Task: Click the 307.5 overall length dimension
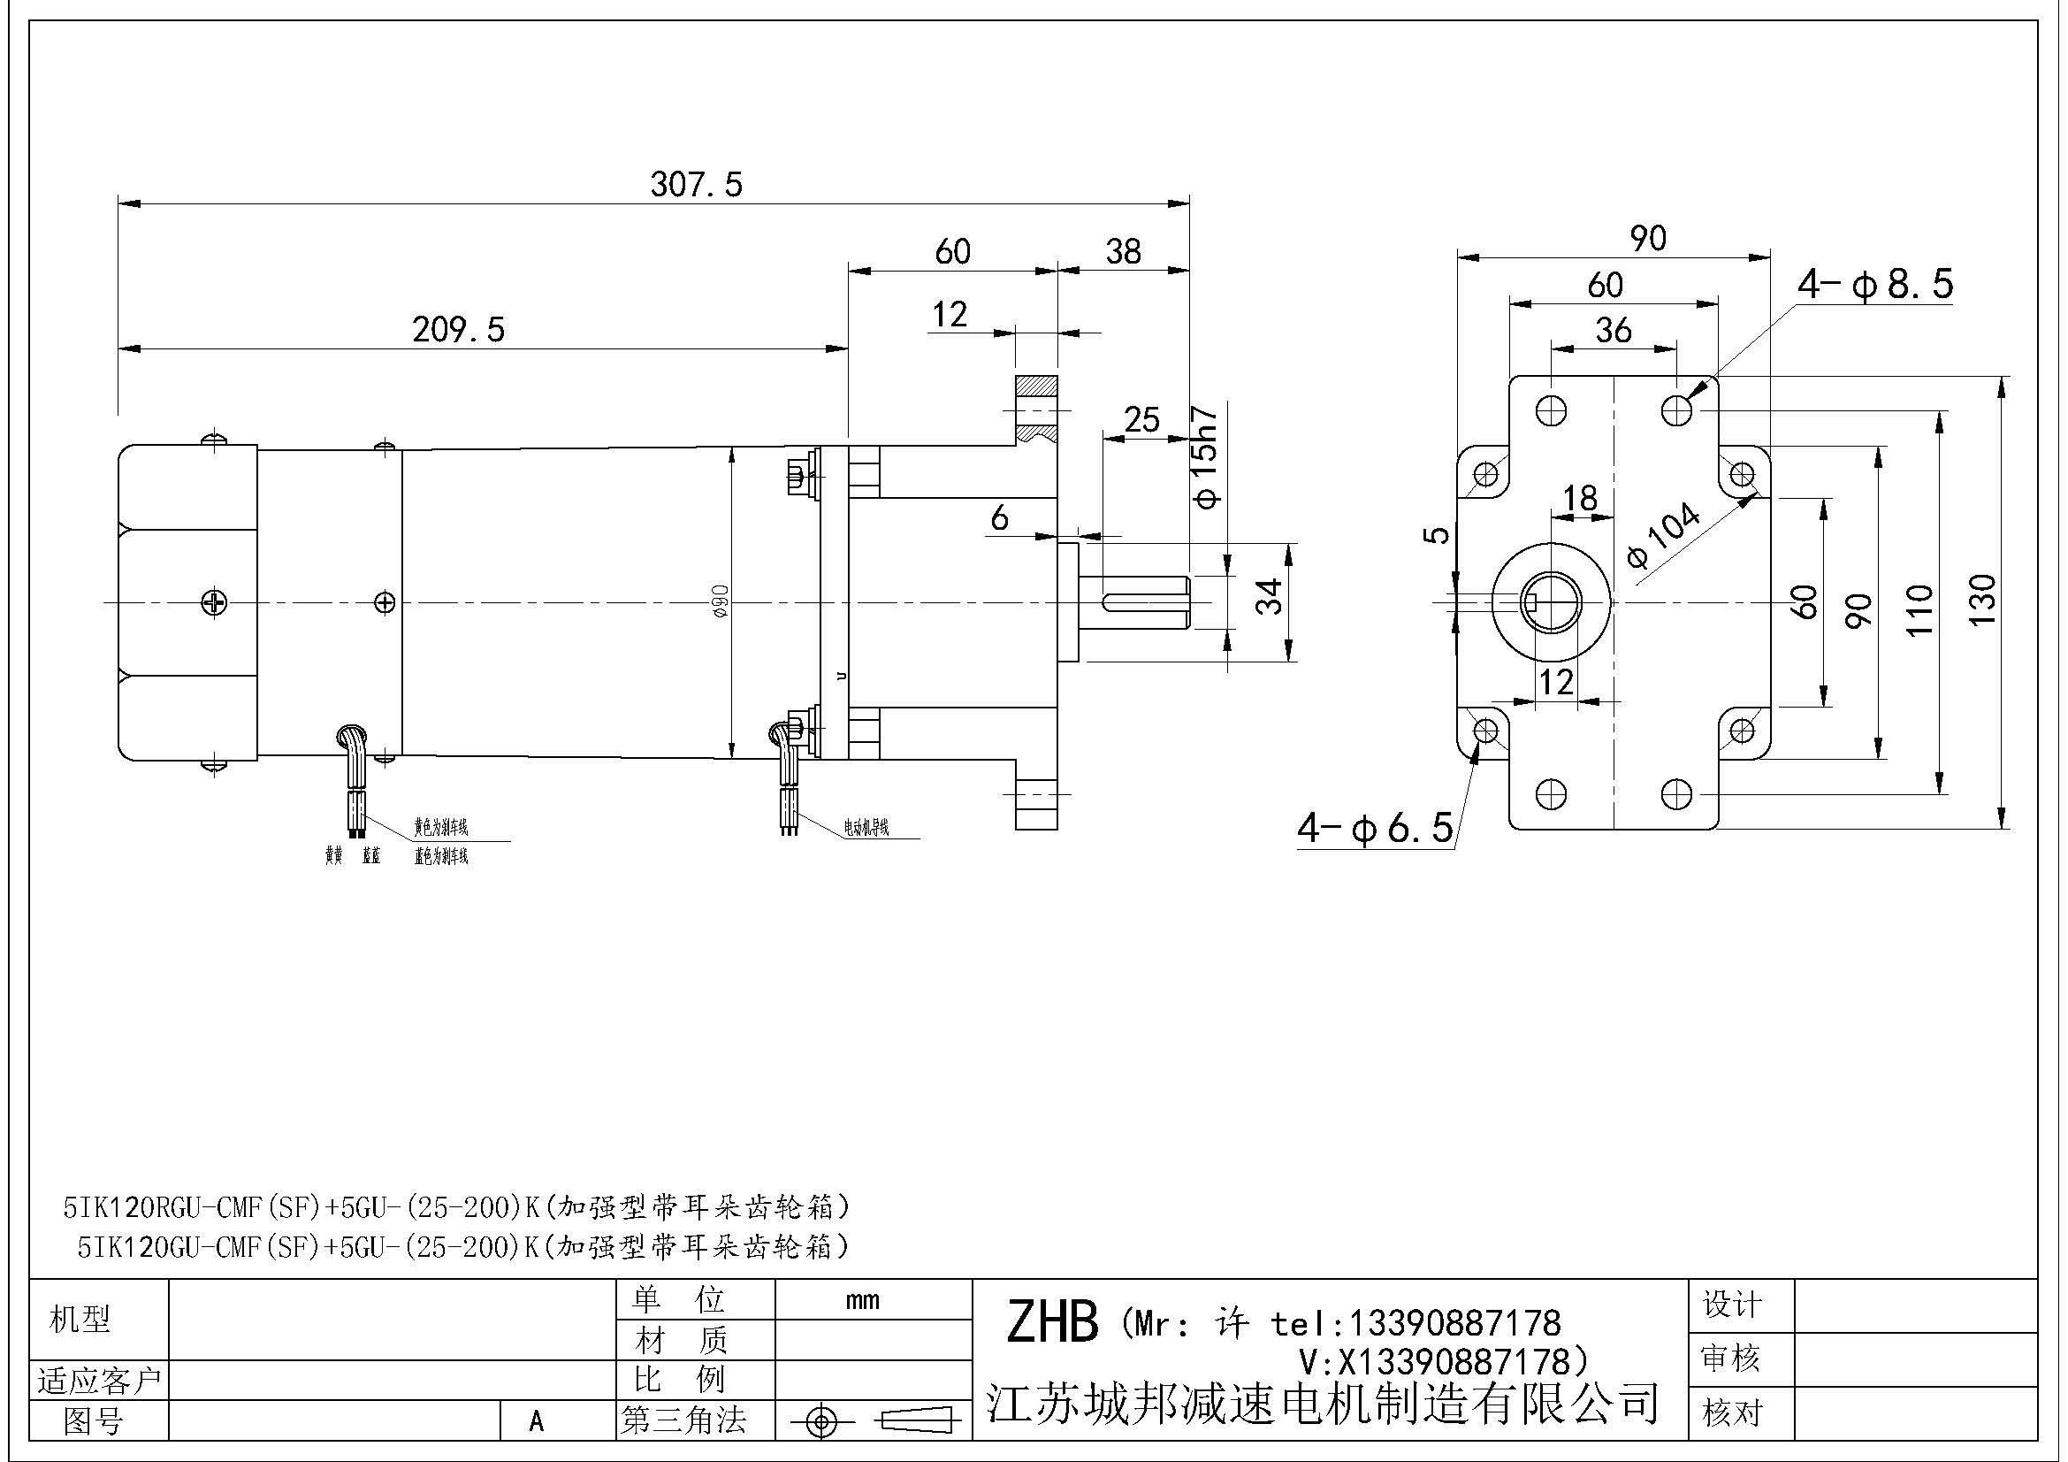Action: click(x=696, y=185)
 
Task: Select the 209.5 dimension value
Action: click(x=459, y=330)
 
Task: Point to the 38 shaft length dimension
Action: click(x=1123, y=251)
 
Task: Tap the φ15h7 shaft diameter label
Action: click(x=1204, y=456)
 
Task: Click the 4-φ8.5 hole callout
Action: click(x=1875, y=285)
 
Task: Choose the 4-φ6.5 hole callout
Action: click(x=1375, y=827)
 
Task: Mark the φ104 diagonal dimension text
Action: click(x=1665, y=534)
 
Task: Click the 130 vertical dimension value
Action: click(x=1981, y=600)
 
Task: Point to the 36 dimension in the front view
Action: click(x=1614, y=330)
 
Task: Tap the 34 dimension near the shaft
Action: click(x=1269, y=596)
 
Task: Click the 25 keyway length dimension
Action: click(x=1141, y=419)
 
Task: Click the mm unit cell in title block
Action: click(x=862, y=1301)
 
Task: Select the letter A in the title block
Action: click(x=537, y=1421)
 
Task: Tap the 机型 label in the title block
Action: click(x=80, y=1320)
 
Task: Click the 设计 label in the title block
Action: click(x=1731, y=1304)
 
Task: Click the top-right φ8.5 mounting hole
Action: click(x=1676, y=410)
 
